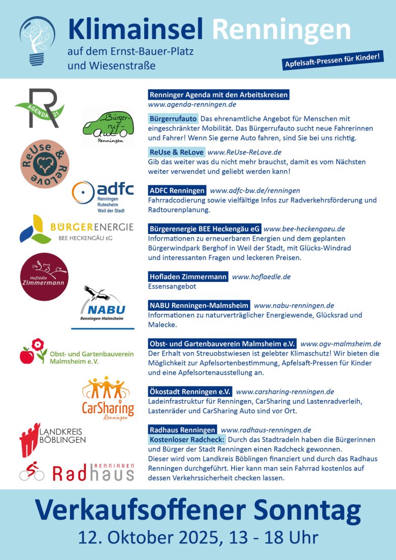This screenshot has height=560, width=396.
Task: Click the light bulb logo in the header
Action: coord(37,41)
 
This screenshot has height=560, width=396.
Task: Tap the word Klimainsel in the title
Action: coord(136,29)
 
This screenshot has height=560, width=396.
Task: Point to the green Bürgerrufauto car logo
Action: coord(108,127)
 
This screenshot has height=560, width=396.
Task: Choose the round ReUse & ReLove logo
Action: coord(44,164)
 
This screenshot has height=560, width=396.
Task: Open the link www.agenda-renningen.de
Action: coord(192,105)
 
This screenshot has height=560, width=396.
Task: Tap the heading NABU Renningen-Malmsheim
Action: coord(199,306)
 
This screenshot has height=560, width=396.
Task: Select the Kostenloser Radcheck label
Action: coord(187,439)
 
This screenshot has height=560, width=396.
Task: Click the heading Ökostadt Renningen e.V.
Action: coord(190,392)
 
